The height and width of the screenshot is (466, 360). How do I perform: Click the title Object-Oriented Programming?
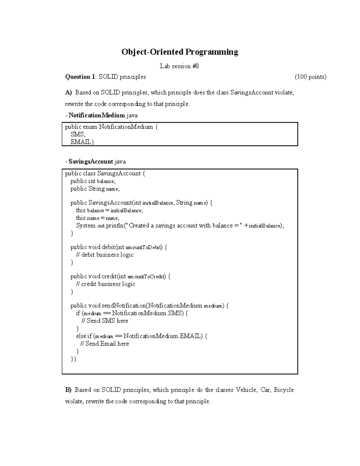(180, 52)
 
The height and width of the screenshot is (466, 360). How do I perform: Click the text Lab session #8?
(179, 66)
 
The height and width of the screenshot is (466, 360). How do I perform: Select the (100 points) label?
(310, 77)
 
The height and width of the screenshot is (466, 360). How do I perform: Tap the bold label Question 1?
(79, 77)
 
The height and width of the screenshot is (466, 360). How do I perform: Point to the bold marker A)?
(68, 92)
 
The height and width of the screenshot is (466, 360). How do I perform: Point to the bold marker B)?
(68, 390)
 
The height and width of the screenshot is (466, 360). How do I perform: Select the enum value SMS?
(78, 134)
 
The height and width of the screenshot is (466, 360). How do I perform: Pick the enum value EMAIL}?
(82, 142)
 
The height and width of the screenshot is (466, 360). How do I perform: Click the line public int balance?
(93, 181)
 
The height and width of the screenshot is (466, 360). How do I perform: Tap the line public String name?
(95, 189)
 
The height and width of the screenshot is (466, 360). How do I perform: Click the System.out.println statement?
(180, 226)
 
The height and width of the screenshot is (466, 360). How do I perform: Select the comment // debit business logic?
(105, 255)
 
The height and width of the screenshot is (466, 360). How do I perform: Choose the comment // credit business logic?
(106, 284)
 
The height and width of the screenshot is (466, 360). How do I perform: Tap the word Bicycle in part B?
(283, 390)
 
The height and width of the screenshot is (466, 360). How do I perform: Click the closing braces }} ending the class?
(73, 359)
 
